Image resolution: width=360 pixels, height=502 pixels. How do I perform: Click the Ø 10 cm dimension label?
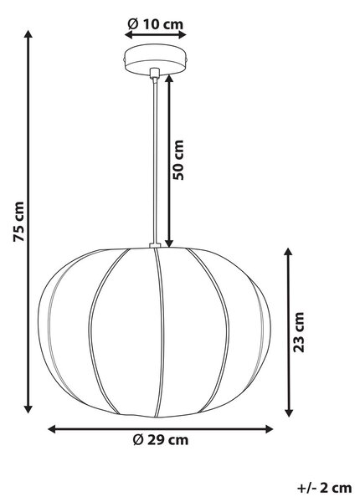coord(156,24)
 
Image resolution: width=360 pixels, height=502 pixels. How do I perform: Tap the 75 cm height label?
coord(18,222)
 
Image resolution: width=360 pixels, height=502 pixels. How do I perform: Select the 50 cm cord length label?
coord(177,160)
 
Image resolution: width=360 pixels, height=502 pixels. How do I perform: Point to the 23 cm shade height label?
coord(299,332)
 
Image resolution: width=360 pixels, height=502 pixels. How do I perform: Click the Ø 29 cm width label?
coord(161,440)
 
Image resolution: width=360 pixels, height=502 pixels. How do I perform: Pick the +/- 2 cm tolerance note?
coord(325,488)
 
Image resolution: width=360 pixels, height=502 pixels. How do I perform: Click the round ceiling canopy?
coord(156,60)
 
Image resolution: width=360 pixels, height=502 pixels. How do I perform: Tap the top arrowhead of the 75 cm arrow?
coord(28,34)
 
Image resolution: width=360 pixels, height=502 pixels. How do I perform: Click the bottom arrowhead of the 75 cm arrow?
coord(28,409)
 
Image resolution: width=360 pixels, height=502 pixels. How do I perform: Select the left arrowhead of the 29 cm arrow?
coord(52,429)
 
